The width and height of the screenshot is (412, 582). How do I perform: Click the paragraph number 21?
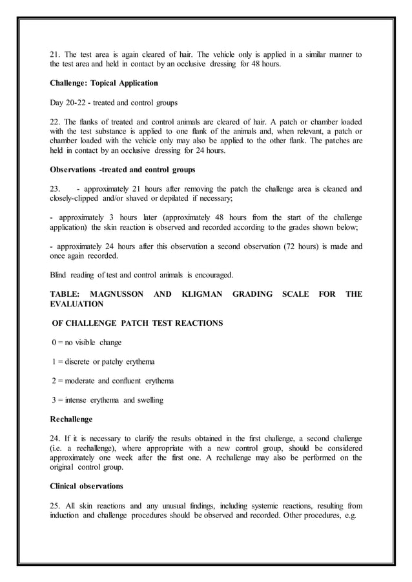(55, 55)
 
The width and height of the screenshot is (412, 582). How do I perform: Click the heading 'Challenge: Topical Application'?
(104, 83)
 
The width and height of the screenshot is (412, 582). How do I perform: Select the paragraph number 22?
(55, 122)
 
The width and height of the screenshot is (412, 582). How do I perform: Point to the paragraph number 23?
(55, 189)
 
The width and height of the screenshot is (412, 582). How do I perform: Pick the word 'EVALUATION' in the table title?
(76, 304)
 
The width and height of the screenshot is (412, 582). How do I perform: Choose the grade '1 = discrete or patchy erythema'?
(103, 361)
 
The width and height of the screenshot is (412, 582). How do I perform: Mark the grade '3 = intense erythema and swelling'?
(107, 400)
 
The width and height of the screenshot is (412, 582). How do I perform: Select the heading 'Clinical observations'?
(90, 486)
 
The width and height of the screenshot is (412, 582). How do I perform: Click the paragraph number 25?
(55, 505)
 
